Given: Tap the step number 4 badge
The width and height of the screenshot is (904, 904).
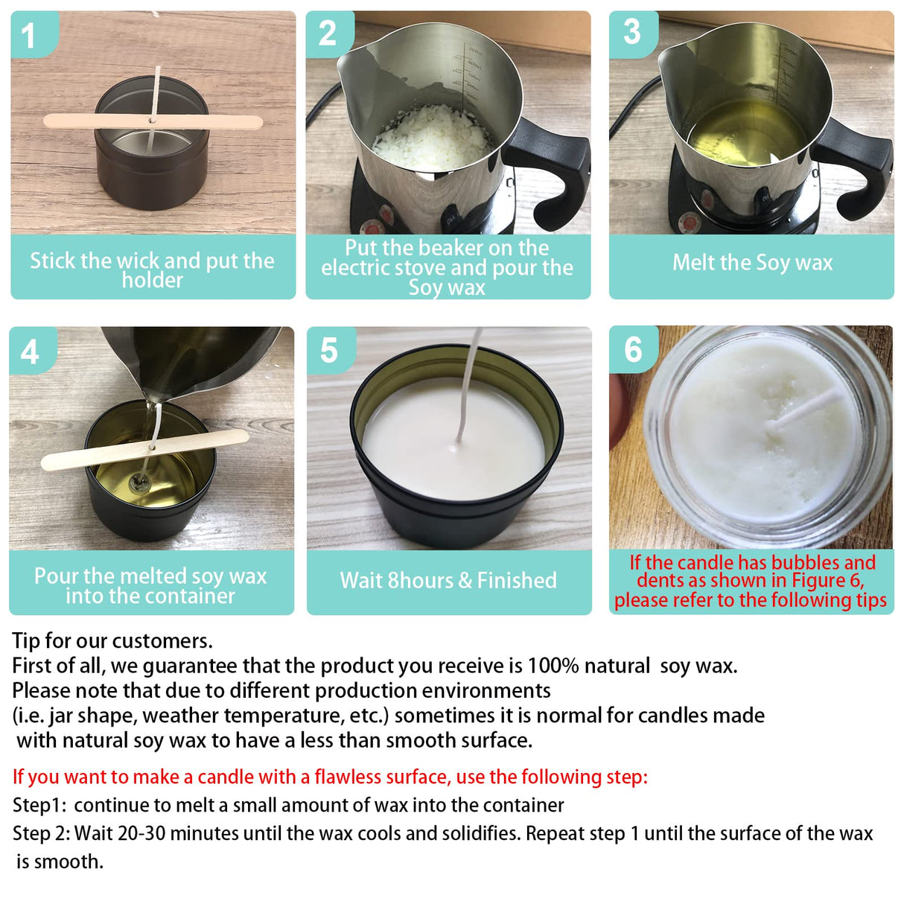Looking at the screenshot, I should pyautogui.click(x=30, y=351).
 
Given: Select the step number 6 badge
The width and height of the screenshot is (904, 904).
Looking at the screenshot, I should pyautogui.click(x=632, y=349).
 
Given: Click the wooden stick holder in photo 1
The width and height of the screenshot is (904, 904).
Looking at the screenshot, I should pyautogui.click(x=82, y=121).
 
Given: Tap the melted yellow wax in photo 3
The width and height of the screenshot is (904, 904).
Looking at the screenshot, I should pyautogui.click(x=745, y=134).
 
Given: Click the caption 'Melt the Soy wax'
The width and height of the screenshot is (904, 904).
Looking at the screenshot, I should pyautogui.click(x=752, y=262).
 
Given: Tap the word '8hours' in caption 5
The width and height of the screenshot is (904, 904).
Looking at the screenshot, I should pyautogui.click(x=421, y=580).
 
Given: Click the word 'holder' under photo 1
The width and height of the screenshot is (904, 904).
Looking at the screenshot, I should pyautogui.click(x=152, y=281).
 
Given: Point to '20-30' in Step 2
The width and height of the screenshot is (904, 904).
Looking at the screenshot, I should pyautogui.click(x=141, y=833).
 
